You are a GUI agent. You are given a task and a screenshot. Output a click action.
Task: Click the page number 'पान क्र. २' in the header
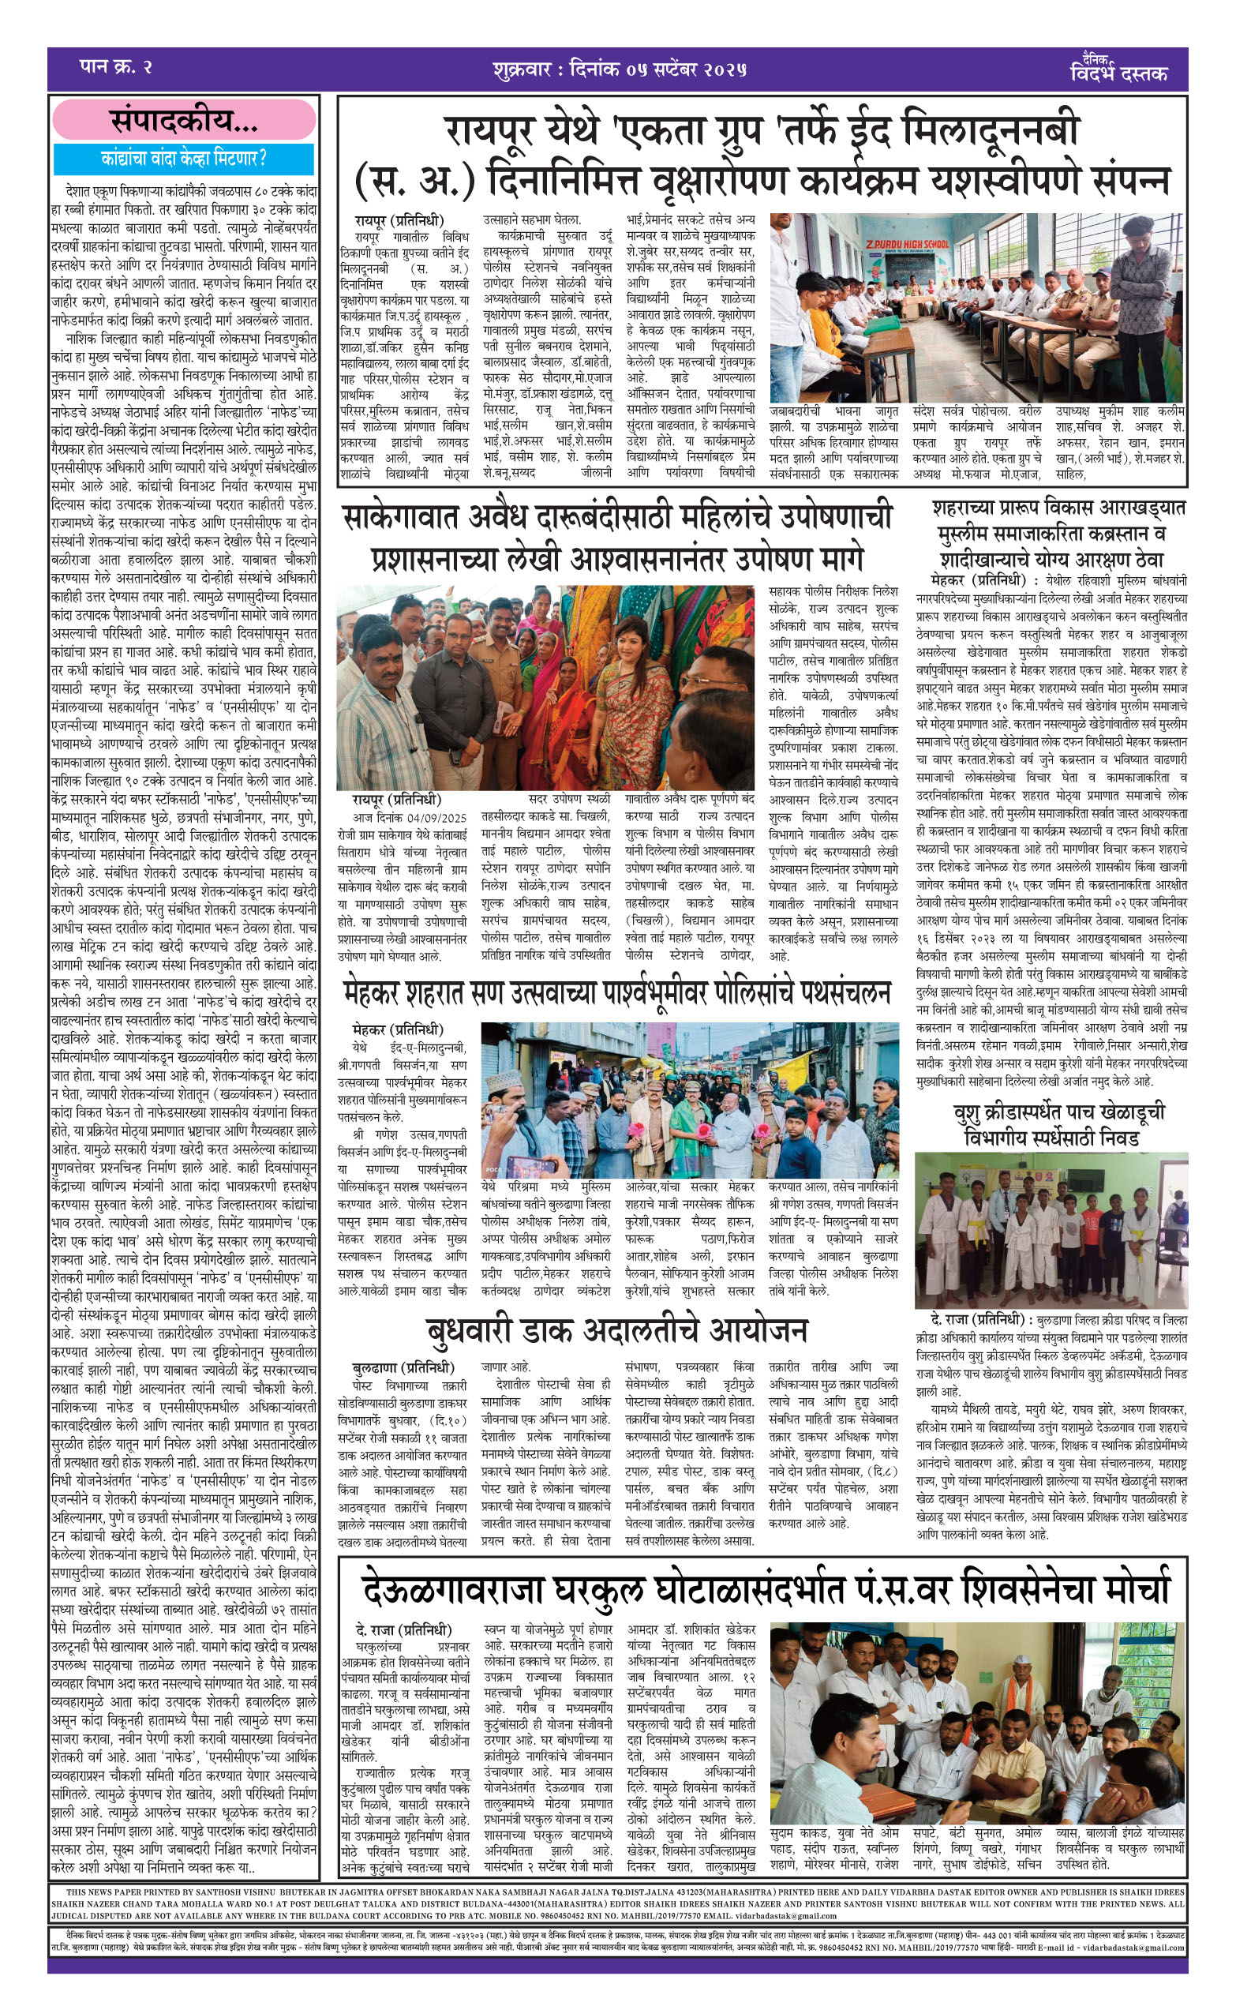click(x=116, y=67)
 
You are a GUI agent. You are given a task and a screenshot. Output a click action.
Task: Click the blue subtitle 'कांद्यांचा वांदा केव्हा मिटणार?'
click(x=184, y=158)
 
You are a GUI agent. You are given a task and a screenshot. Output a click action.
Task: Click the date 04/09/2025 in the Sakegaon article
click(x=433, y=817)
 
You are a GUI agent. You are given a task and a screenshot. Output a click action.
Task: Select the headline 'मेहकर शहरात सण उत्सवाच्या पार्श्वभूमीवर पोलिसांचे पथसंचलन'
click(x=617, y=993)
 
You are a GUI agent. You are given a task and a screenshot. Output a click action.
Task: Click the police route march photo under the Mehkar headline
click(x=689, y=1100)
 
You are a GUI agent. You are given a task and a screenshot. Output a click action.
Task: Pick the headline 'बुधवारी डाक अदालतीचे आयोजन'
click(x=617, y=1330)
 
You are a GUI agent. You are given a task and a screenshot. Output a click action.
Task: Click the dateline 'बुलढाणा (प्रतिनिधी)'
click(x=403, y=1367)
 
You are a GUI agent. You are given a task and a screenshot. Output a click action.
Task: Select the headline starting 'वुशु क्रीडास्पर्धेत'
click(x=1051, y=1125)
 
